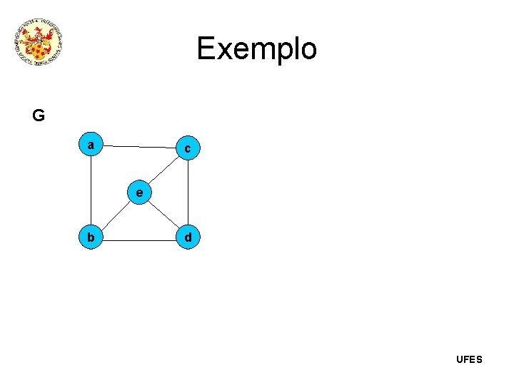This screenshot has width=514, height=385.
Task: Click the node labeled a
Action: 91,145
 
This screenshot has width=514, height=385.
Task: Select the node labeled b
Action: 91,237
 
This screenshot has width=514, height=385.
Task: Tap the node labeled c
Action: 187,148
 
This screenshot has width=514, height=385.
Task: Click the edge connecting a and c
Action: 139,146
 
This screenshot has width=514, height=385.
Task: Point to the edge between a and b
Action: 91,191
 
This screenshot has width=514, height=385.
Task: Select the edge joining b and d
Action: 139,237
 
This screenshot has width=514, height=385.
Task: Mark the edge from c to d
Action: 187,192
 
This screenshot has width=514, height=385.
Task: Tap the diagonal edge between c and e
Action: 163,170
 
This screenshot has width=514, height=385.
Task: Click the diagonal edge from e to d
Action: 163,215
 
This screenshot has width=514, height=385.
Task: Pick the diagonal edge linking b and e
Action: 115,215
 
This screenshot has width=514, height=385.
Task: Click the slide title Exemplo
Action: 256,48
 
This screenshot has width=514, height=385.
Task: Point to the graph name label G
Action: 39,115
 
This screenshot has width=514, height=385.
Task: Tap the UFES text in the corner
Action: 469,359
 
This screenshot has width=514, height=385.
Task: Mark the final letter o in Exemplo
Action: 307,50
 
